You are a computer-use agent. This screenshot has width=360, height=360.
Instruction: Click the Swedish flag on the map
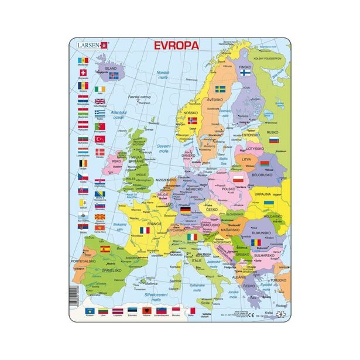tap(221, 90)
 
